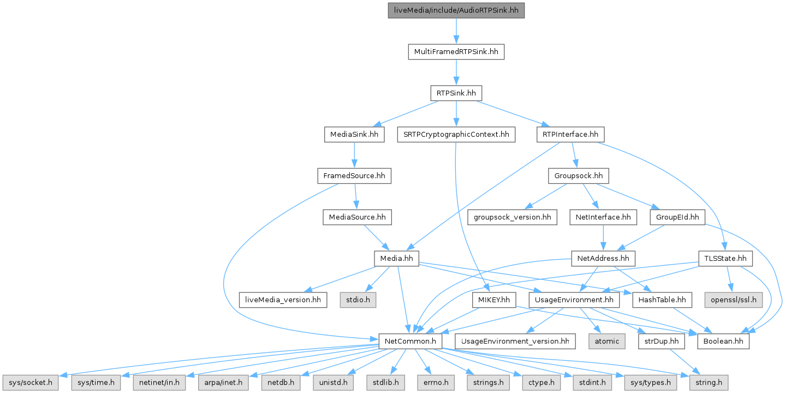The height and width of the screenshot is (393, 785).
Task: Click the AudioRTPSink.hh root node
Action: pyautogui.click(x=456, y=10)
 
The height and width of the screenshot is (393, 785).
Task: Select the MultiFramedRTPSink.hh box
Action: pyautogui.click(x=456, y=52)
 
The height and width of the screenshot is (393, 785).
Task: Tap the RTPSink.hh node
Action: pyautogui.click(x=456, y=93)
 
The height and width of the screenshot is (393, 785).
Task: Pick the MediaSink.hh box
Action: pyautogui.click(x=354, y=134)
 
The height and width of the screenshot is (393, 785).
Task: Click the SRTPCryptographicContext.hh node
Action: pyautogui.click(x=456, y=134)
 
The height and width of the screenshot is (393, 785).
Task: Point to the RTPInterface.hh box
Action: pyautogui.click(x=570, y=134)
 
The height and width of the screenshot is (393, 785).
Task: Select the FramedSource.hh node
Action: pyautogui.click(x=354, y=176)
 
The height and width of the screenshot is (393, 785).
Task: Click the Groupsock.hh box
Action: pyautogui.click(x=578, y=176)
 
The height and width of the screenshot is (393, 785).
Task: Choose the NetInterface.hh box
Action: pyautogui.click(x=603, y=217)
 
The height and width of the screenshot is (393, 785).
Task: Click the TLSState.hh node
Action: pyautogui.click(x=725, y=258)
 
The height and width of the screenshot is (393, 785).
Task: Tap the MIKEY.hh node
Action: pyautogui.click(x=493, y=300)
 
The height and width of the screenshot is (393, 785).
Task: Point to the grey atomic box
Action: pyautogui.click(x=606, y=341)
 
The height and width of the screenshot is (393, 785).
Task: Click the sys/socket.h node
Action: pyautogui.click(x=30, y=382)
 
